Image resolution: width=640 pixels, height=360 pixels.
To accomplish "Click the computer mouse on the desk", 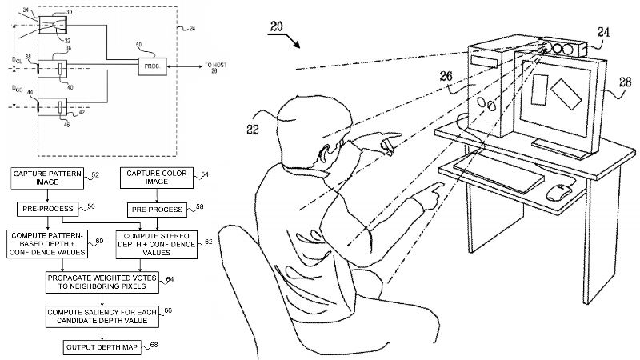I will point(559,192).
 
